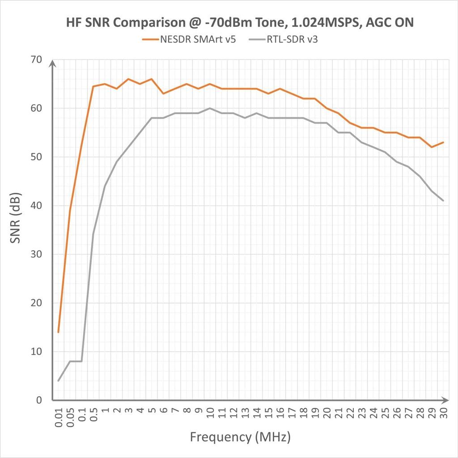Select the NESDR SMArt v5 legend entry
pos(189,39)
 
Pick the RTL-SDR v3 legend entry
pos(283,39)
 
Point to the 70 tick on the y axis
pos(36,59)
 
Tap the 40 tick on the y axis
pos(36,206)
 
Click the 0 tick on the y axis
pos(39,400)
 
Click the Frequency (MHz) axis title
pos(240,436)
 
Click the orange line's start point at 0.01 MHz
pos(58,332)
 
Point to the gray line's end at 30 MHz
pos(443,200)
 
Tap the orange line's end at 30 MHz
pos(443,142)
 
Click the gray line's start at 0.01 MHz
pos(58,381)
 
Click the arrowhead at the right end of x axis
pos(446,400)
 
